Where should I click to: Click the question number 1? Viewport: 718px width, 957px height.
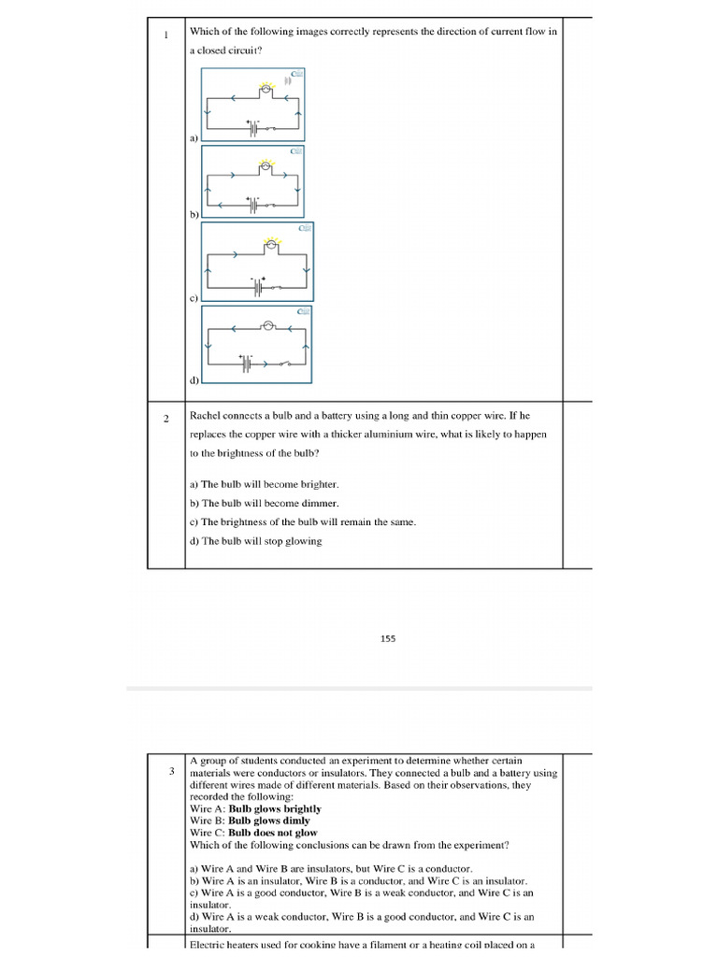[165, 36]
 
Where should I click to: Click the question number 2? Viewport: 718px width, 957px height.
[165, 419]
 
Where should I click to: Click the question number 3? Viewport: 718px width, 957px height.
[172, 772]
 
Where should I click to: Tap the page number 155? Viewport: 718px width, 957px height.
[388, 639]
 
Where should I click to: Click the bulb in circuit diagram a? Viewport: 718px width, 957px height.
[265, 88]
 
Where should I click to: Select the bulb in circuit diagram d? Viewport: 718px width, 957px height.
[266, 326]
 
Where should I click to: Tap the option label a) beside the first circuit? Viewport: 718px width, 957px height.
[194, 137]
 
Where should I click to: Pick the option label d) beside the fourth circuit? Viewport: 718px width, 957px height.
[194, 380]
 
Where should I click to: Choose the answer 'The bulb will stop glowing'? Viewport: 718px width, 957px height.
[262, 541]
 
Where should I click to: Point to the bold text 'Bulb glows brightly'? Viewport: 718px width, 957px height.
[275, 809]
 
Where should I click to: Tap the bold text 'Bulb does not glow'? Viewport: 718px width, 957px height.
[273, 833]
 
